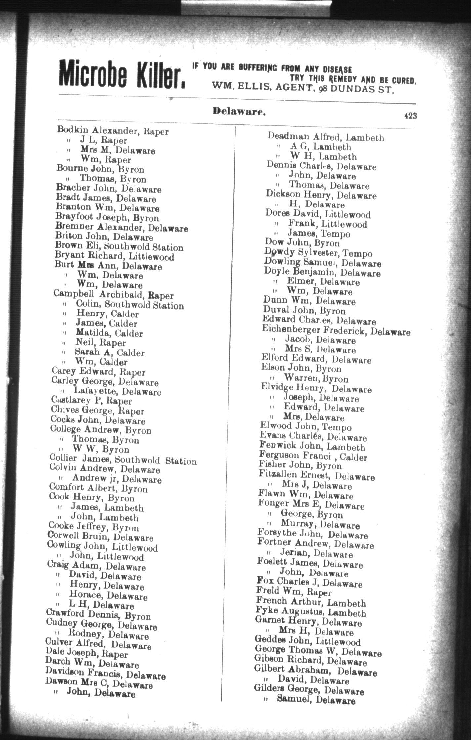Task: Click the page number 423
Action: coord(410,115)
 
